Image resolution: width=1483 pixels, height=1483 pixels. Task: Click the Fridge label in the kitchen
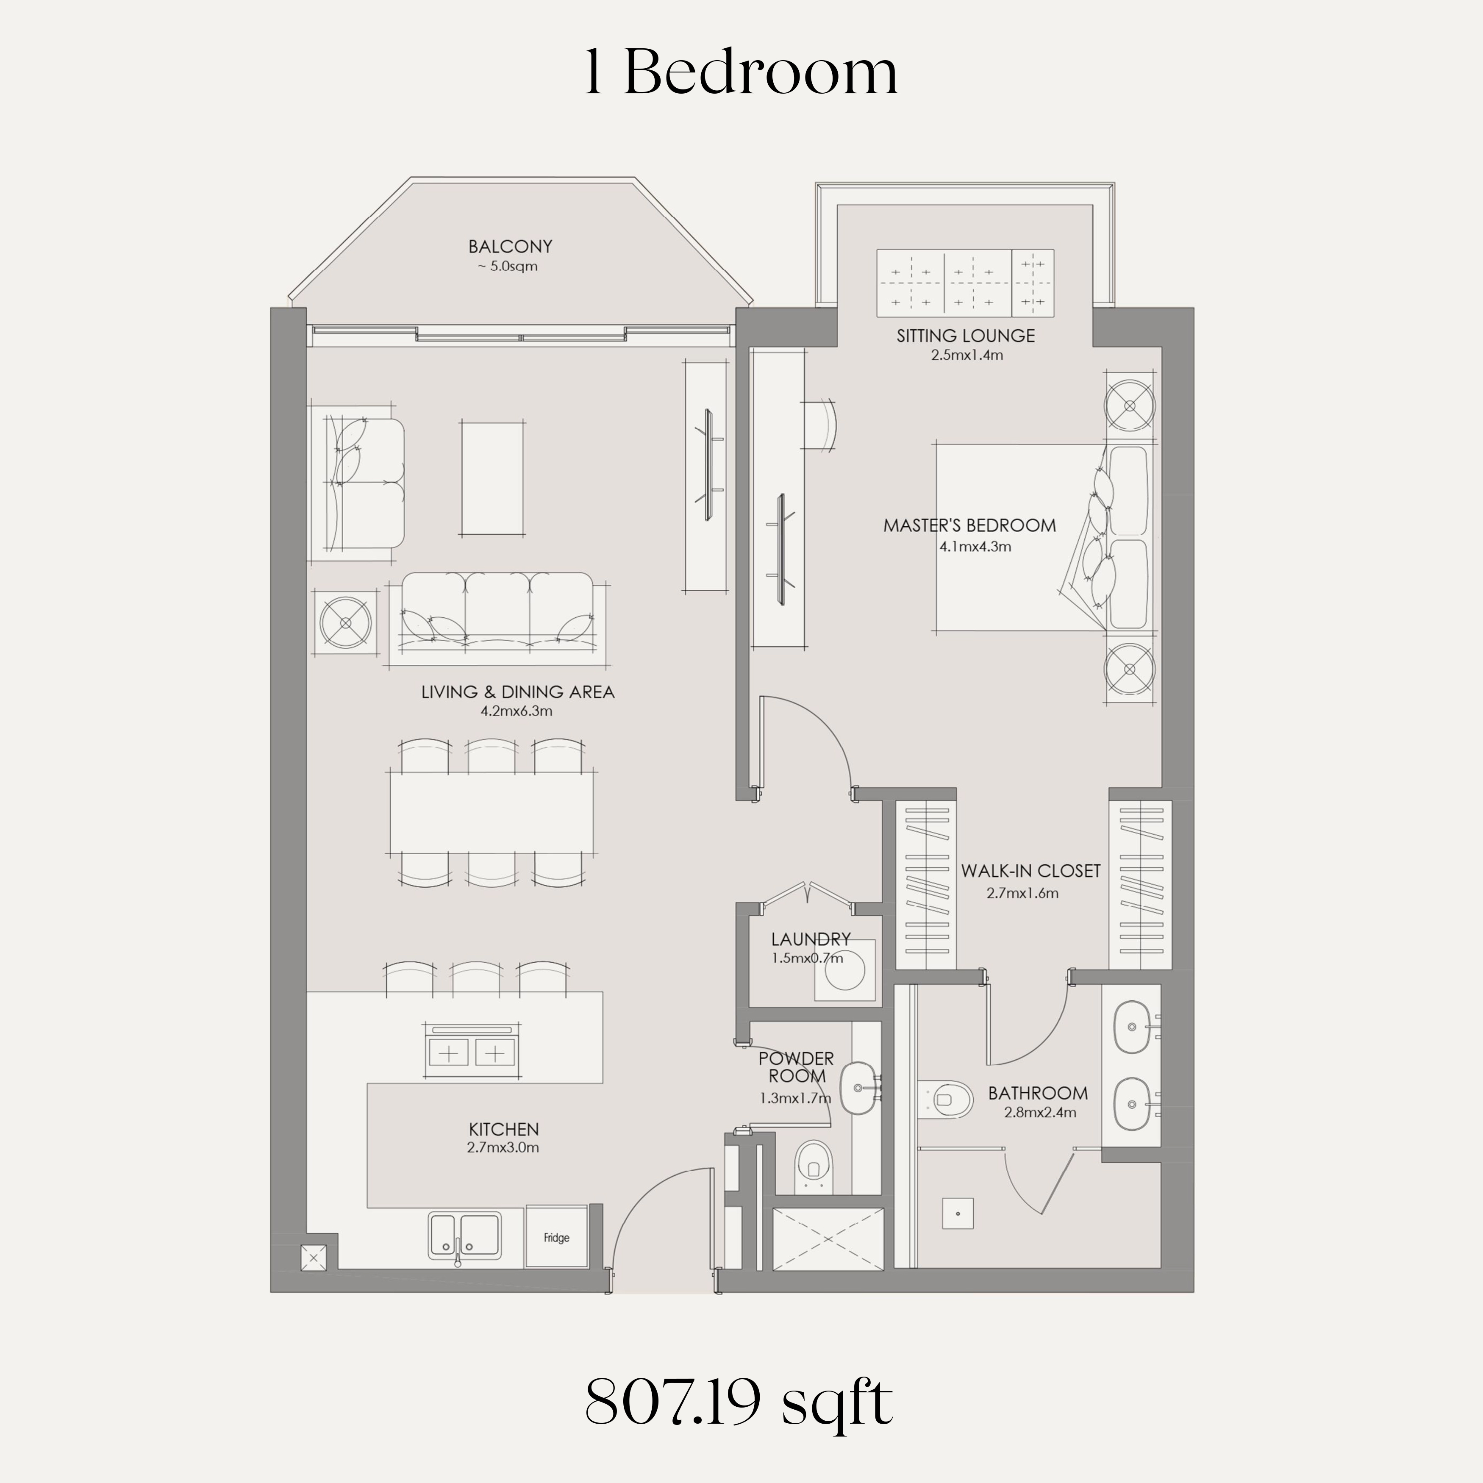[x=556, y=1237]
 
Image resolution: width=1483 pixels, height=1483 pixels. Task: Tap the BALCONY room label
[x=511, y=247]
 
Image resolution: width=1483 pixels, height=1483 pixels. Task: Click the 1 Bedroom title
[x=741, y=72]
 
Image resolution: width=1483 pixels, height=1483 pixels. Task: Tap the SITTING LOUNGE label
[x=966, y=336]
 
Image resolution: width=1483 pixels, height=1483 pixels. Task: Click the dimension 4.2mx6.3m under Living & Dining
[x=517, y=711]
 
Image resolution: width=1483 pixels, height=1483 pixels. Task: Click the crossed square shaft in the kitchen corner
[x=314, y=1257]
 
